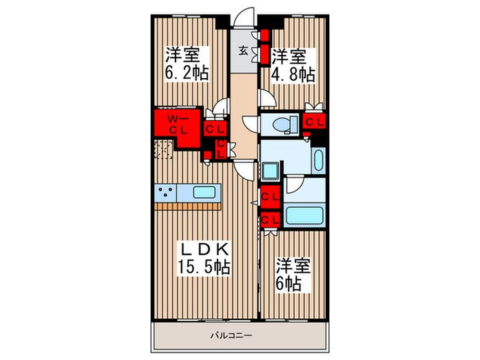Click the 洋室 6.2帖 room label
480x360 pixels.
187,64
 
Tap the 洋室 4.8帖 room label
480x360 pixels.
293,65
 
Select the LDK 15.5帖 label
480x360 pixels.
204,259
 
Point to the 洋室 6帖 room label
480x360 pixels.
293,274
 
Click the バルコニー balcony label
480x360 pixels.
232,335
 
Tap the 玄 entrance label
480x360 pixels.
243,51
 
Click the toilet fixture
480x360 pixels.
285,125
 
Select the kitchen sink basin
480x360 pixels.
204,193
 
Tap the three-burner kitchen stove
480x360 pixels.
165,193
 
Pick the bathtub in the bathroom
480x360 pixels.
304,216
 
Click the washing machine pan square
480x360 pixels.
270,171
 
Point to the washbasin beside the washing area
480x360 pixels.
318,160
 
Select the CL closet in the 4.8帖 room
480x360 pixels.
314,123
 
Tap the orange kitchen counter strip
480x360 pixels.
188,206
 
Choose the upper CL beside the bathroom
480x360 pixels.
270,197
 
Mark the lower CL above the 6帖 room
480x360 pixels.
270,220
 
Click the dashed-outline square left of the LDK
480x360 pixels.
163,149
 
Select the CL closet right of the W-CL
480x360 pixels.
215,129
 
